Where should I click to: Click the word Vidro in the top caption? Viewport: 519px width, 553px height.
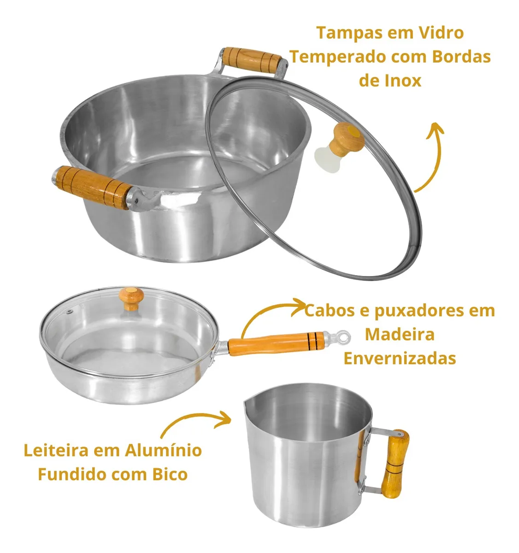coord(437,33)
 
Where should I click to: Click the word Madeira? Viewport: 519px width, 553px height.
coord(400,334)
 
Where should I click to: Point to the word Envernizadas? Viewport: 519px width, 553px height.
coord(400,359)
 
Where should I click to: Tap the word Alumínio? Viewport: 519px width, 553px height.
coord(163,450)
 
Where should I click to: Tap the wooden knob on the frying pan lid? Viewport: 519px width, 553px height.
coord(131,299)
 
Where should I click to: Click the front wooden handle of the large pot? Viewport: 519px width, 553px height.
coord(94,187)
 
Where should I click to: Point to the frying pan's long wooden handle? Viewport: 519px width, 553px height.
coord(276,344)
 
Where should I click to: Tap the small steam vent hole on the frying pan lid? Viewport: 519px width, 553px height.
coord(69,312)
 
